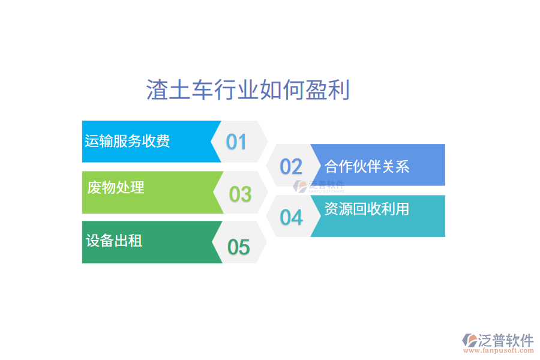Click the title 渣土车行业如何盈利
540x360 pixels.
248,91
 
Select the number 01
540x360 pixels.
236,142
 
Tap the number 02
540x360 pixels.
291,166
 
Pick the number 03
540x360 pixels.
240,194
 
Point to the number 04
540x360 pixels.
291,217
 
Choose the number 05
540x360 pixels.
238,247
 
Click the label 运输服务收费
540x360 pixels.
127,141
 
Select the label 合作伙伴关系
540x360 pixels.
367,166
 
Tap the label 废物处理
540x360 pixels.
116,188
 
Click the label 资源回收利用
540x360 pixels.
367,209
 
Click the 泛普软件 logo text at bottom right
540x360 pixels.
506,340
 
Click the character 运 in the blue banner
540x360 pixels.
91,141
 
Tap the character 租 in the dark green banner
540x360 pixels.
135,241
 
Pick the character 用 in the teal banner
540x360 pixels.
402,209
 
